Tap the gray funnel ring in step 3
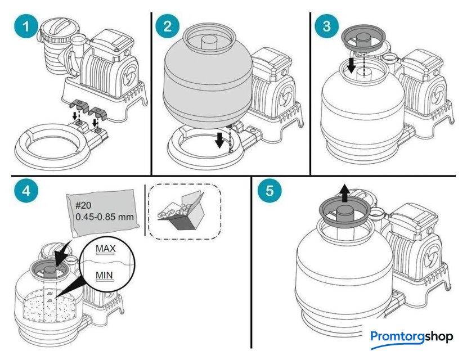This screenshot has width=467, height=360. tap(366, 39)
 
